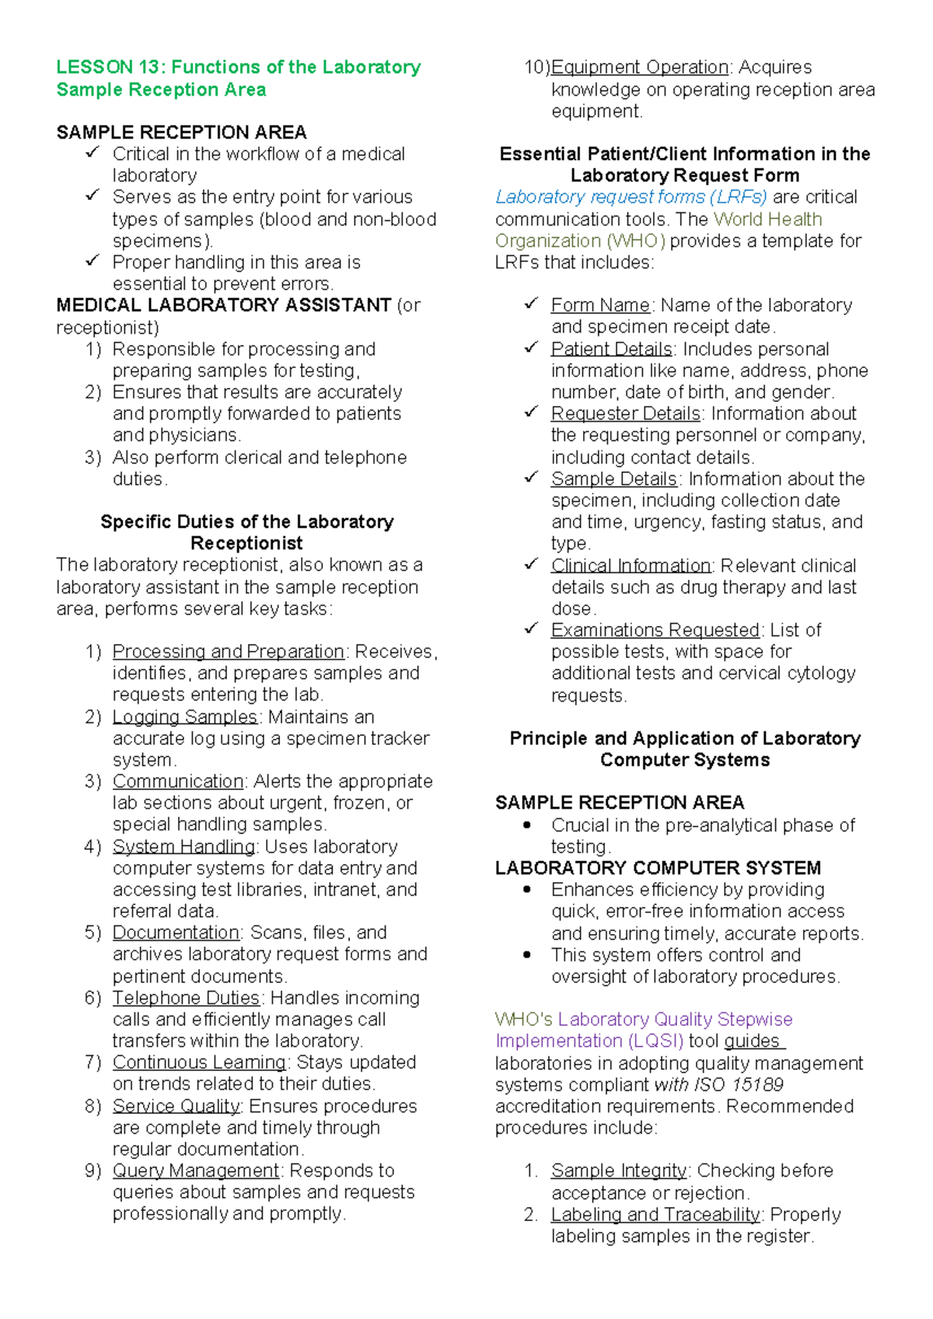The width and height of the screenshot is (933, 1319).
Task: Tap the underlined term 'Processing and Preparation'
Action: [x=228, y=651]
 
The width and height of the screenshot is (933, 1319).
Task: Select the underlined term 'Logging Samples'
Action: [x=184, y=716]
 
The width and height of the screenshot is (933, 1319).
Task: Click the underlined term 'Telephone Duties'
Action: [x=186, y=998]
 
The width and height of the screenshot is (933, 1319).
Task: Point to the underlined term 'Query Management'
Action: [x=195, y=1170]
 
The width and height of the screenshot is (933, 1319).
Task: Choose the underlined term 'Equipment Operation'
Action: [x=639, y=67]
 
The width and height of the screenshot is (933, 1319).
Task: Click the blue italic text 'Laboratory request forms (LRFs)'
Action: [x=631, y=197]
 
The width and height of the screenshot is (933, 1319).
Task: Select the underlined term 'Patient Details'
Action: [x=611, y=349]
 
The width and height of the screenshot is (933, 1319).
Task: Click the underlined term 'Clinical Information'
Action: [x=631, y=565]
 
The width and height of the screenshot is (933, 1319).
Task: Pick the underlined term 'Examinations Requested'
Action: [x=655, y=630]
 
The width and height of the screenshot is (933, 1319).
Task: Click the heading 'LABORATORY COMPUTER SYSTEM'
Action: [x=658, y=868]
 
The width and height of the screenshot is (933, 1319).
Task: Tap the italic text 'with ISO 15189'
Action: [x=718, y=1084]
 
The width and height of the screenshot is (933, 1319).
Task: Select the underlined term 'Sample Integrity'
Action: [x=618, y=1170]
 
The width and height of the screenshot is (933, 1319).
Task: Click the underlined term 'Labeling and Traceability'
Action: [x=655, y=1215]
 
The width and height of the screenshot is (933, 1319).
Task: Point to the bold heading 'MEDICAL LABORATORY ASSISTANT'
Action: [x=223, y=305]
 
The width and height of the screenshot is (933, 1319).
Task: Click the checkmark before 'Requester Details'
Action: [x=531, y=412]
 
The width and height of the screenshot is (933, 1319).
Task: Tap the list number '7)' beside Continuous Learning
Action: [x=93, y=1062]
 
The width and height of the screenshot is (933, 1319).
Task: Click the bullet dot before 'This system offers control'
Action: [x=528, y=954]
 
